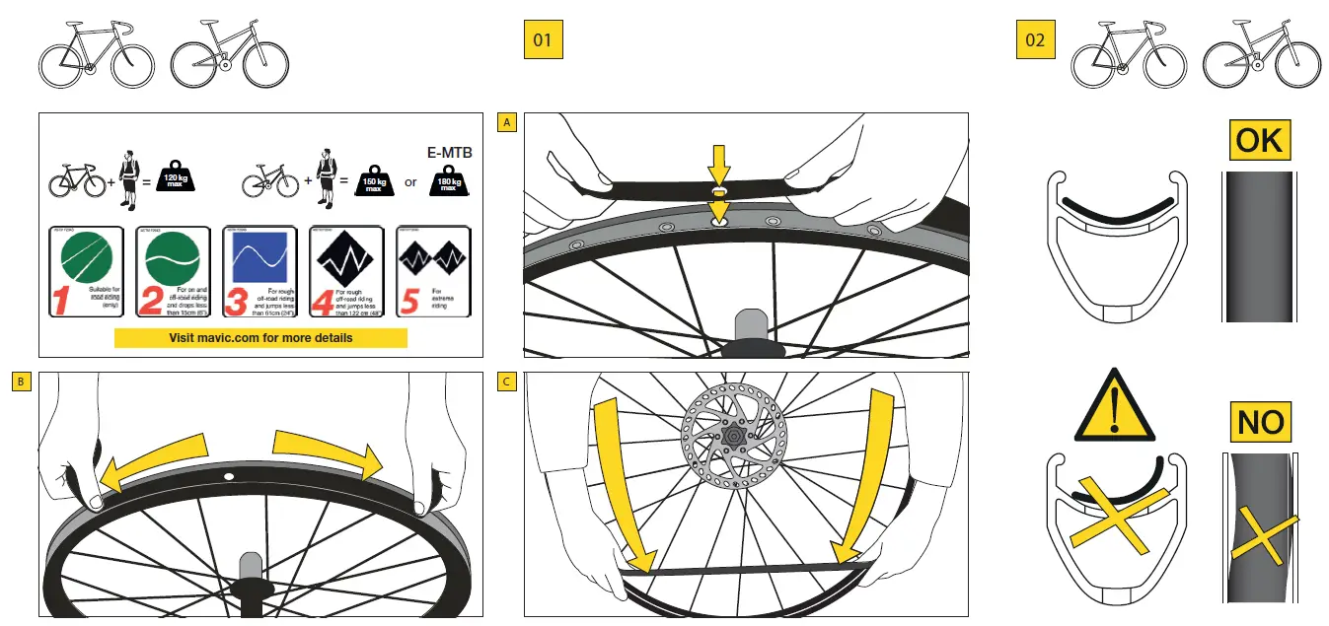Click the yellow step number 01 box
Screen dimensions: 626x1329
coord(542,40)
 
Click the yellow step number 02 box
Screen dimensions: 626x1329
coord(1035,40)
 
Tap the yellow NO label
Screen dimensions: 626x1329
coord(1260,423)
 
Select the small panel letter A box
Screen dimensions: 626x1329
coord(507,122)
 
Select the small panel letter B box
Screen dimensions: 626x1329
coord(21,382)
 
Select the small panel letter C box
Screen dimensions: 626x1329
coord(507,382)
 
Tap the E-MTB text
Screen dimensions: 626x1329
coord(449,154)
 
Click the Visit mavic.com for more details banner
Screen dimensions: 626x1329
coord(260,337)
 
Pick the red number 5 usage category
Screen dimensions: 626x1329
coord(408,300)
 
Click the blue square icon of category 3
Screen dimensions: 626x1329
coord(259,258)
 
